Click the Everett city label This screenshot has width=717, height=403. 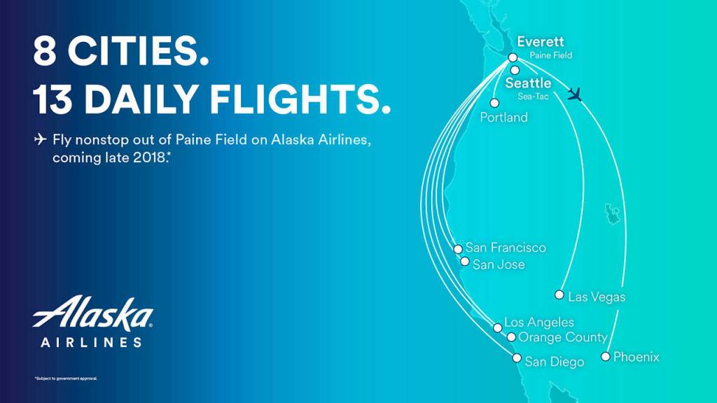[x=540, y=42]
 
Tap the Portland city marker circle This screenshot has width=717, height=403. [x=494, y=103]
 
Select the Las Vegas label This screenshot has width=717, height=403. [x=597, y=297]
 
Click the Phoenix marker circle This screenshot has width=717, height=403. [x=606, y=357]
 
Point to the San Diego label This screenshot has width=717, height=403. [x=554, y=362]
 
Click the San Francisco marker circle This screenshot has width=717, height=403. [x=458, y=248]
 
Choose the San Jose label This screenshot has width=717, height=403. [x=499, y=264]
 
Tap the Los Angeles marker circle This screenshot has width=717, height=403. [x=498, y=327]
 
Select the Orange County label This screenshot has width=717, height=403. [x=562, y=337]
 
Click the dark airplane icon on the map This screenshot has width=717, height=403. [x=576, y=94]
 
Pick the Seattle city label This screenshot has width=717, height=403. [x=528, y=83]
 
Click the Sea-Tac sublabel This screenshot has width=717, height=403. [x=533, y=97]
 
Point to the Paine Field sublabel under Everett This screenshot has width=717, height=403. [x=550, y=55]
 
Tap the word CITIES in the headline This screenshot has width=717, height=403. [x=138, y=52]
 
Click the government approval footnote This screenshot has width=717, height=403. [x=66, y=379]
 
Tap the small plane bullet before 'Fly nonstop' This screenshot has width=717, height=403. [x=40, y=140]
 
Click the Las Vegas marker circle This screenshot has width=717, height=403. [x=559, y=295]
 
